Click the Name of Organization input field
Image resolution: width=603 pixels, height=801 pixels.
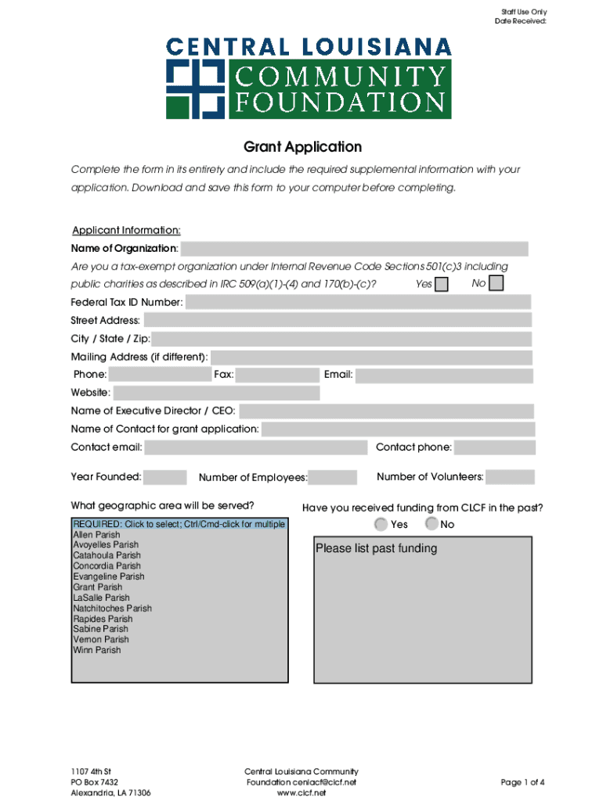tap(354, 249)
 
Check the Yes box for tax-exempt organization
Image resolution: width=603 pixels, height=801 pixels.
tap(442, 284)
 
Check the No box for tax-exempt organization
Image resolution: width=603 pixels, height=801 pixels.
tap(496, 283)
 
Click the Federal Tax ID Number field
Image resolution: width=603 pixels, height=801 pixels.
tap(358, 302)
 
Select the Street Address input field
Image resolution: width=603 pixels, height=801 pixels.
tap(338, 320)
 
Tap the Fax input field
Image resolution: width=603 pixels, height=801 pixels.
tap(277, 375)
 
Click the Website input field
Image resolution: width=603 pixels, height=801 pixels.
tap(216, 393)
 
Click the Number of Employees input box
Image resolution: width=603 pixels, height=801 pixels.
tap(333, 477)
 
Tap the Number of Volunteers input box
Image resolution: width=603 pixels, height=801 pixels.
tap(510, 477)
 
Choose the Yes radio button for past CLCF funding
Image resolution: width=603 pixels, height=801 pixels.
tap(381, 524)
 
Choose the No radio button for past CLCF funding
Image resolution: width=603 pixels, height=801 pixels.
tap(431, 524)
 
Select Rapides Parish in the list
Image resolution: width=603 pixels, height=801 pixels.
tap(103, 619)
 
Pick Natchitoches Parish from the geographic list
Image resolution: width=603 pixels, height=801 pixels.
tap(112, 608)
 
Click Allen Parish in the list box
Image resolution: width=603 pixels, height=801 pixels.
tap(96, 534)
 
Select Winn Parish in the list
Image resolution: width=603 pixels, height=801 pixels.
tap(97, 650)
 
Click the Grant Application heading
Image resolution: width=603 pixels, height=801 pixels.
tap(302, 147)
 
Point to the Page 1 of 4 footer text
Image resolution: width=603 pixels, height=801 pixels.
tap(522, 782)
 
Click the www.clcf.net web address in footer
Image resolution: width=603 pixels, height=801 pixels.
tap(301, 792)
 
